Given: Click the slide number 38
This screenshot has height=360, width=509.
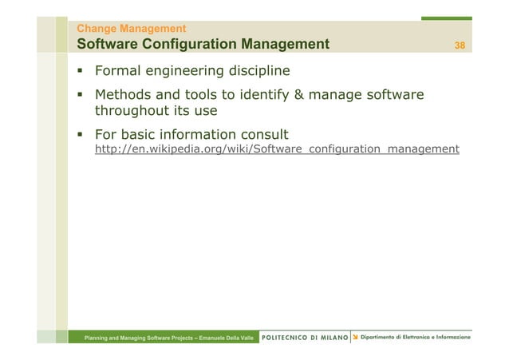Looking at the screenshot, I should coord(460,45).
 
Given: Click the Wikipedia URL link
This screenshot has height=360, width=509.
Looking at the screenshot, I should coord(277,149).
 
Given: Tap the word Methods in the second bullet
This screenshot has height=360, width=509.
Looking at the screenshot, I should coord(124,97).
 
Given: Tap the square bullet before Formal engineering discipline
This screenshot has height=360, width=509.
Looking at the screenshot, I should coord(81,71).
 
